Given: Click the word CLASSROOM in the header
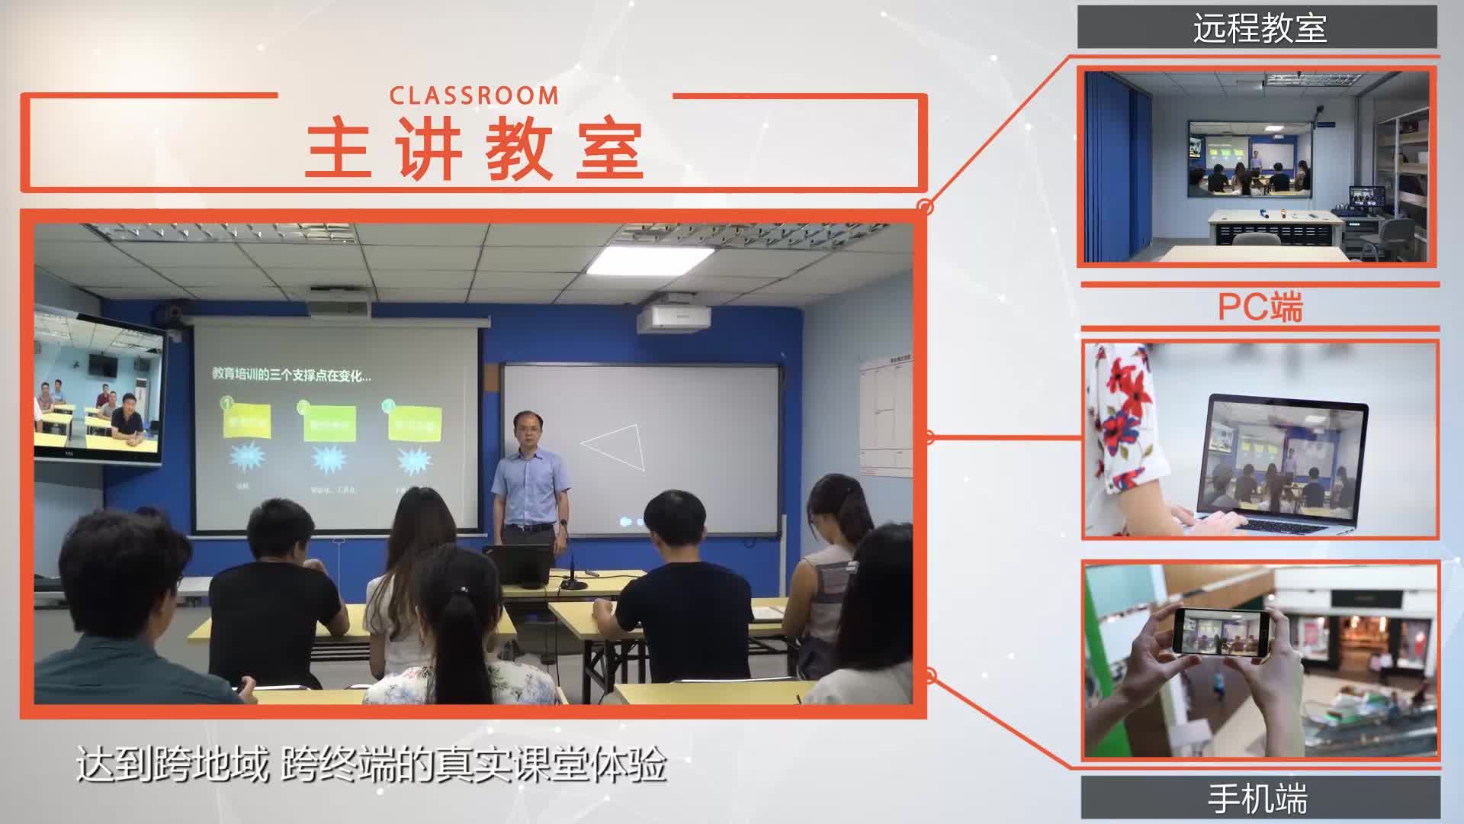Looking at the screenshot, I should (x=474, y=96).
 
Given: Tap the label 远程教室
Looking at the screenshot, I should (x=1259, y=29).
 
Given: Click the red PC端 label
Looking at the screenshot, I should (x=1260, y=307).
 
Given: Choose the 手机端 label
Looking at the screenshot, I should (x=1258, y=799).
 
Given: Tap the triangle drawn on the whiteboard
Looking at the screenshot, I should (x=616, y=446).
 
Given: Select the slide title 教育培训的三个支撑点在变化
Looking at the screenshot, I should (x=291, y=375).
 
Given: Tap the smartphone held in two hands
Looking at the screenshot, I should (x=1222, y=632).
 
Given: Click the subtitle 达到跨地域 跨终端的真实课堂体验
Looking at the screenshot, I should (x=371, y=764).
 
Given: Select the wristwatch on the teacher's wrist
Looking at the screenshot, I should (x=563, y=523).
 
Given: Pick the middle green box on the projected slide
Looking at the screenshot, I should (x=329, y=424).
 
